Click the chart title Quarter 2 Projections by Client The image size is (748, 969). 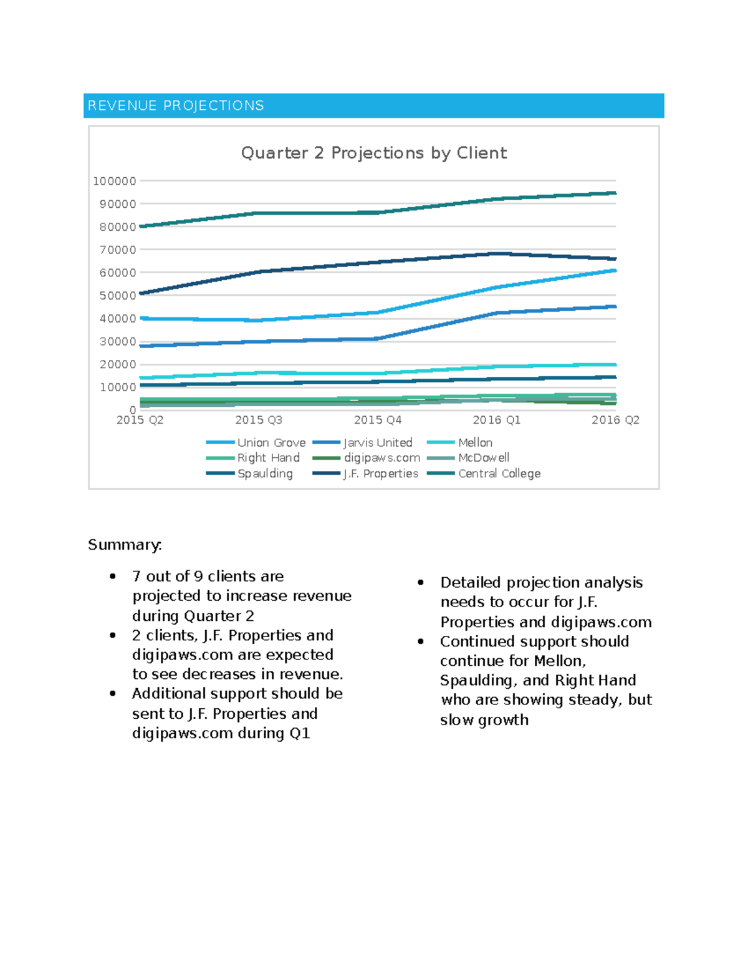(x=373, y=153)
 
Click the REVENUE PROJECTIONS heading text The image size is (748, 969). (x=176, y=105)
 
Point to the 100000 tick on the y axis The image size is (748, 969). (x=114, y=181)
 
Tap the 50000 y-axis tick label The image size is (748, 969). (x=117, y=296)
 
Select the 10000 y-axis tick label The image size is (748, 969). (x=117, y=387)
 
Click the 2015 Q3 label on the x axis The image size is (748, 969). (x=258, y=420)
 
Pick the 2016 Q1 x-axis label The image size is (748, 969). (x=496, y=420)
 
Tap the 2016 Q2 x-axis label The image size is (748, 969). (x=615, y=420)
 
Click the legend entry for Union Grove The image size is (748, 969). (x=271, y=442)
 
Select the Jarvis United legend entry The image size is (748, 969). (x=378, y=442)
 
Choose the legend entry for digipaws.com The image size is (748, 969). (x=381, y=458)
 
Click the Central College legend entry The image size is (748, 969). (x=499, y=474)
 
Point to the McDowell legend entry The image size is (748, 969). (x=484, y=458)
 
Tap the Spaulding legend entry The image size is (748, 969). (x=265, y=474)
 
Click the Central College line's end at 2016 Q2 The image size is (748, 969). (x=615, y=193)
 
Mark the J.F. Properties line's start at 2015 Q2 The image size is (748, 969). (x=141, y=293)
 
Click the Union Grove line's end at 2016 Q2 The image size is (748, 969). (x=615, y=271)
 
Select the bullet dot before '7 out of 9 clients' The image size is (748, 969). (x=113, y=577)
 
